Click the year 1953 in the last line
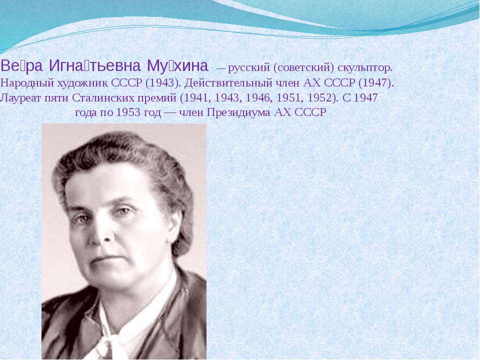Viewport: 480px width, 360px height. coord(127,112)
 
